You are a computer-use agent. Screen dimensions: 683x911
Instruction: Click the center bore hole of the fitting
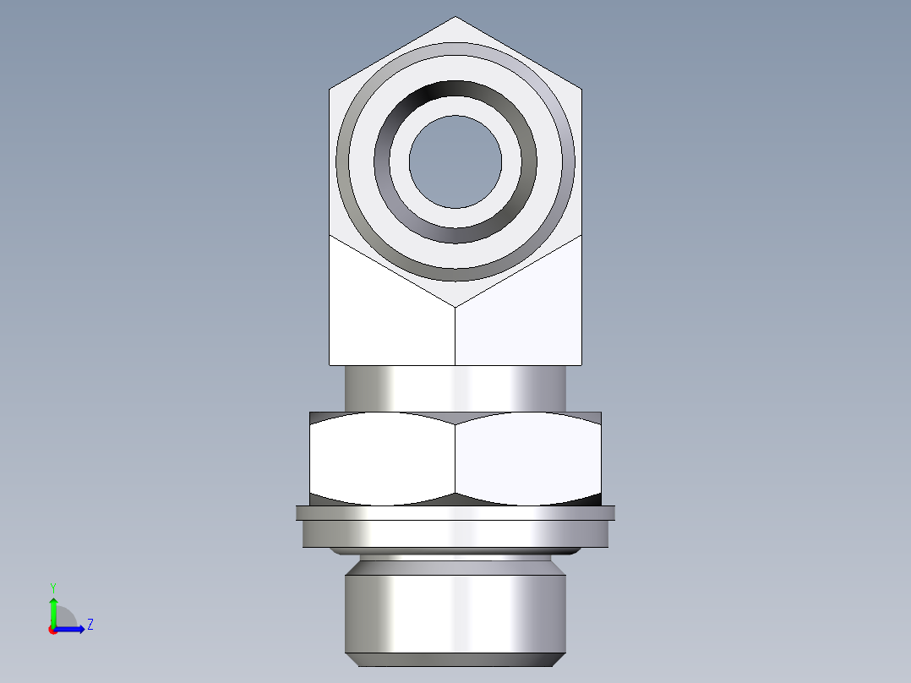pos(455,161)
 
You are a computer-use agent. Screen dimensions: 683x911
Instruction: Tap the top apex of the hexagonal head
pos(455,19)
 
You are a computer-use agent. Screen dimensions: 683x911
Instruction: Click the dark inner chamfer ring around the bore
pos(455,90)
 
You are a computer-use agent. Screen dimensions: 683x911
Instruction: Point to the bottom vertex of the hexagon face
pos(455,305)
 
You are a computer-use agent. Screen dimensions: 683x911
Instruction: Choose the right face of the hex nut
pos(528,458)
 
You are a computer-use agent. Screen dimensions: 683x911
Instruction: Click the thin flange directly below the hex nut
pos(455,512)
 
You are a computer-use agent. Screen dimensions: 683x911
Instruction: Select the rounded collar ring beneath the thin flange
pos(455,533)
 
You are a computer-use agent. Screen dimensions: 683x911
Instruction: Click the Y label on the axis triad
pos(53,587)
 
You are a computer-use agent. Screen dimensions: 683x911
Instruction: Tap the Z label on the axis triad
pos(90,625)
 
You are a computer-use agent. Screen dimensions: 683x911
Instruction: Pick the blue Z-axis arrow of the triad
pos(72,628)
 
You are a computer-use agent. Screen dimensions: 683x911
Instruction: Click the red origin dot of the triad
pos(53,629)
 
